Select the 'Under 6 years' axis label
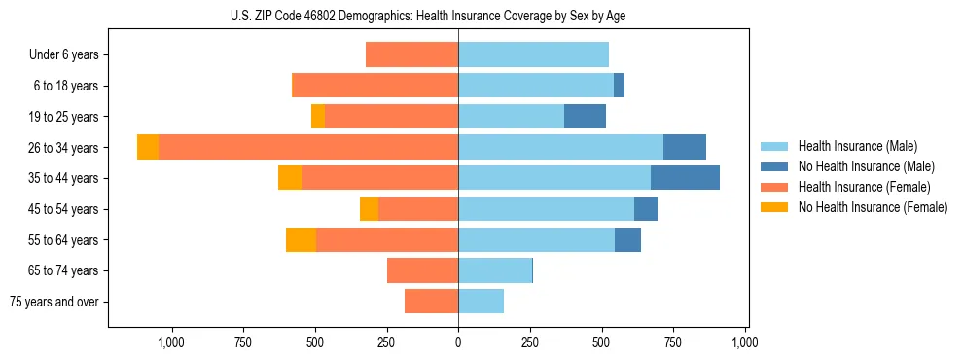click(x=64, y=55)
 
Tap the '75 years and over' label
click(x=54, y=302)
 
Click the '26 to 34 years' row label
click(x=63, y=148)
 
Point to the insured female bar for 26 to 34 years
click(x=308, y=147)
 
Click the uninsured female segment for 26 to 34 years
click(x=148, y=147)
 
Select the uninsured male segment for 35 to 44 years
click(x=685, y=178)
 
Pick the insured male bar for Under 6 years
click(x=533, y=54)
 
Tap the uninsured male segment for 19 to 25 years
click(x=585, y=117)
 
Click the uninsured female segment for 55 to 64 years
click(x=301, y=239)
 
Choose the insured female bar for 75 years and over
click(x=431, y=302)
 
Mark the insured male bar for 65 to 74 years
click(x=495, y=270)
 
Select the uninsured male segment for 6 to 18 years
click(x=619, y=86)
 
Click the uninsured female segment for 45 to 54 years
click(x=369, y=209)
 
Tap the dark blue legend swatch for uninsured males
click(x=775, y=166)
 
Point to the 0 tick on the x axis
click(x=458, y=342)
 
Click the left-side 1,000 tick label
click(x=171, y=342)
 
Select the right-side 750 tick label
click(x=674, y=342)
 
